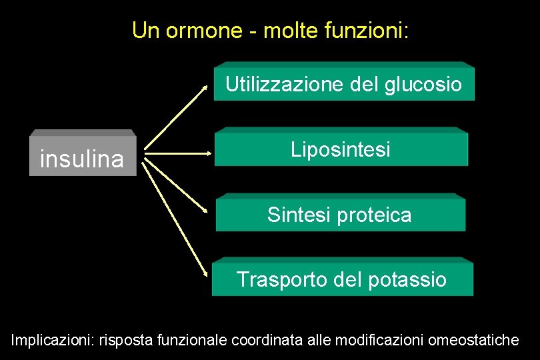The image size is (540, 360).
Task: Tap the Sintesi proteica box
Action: coord(340,213)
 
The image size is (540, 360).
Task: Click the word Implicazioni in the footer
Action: coord(52,341)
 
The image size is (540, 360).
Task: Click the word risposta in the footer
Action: coord(124,341)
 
